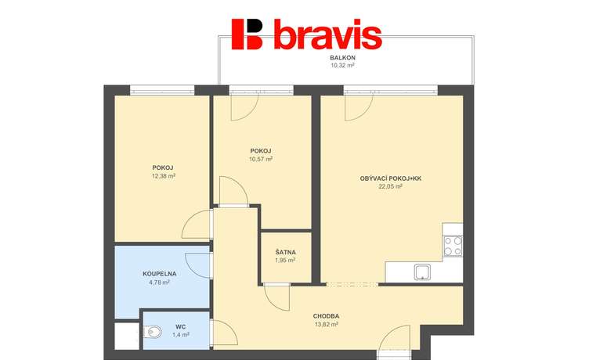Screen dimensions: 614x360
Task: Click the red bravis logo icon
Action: [x=247, y=34]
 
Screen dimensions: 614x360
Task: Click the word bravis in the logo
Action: [x=327, y=34]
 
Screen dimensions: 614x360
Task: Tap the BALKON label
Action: [x=342, y=58]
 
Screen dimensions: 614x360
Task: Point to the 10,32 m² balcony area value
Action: [x=342, y=66]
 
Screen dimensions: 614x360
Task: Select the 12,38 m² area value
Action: [x=163, y=176]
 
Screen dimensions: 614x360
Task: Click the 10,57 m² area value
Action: [x=260, y=159]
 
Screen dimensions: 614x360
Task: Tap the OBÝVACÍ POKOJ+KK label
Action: [x=390, y=178]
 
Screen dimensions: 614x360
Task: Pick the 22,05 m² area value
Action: [x=390, y=186]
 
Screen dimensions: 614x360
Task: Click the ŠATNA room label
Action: [x=285, y=252]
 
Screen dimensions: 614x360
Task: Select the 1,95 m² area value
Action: [x=285, y=260]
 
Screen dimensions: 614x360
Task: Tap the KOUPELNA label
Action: [x=160, y=274]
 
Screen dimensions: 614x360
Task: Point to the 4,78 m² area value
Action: [x=160, y=282]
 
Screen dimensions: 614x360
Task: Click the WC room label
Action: [x=180, y=327]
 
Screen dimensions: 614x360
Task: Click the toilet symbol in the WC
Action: [x=152, y=333]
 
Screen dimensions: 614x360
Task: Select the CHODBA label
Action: [x=326, y=316]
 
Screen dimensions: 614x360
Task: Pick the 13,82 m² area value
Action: [x=327, y=324]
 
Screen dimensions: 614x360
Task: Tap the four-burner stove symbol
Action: [x=453, y=246]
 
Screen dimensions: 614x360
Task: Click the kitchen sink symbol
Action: [x=423, y=272]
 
